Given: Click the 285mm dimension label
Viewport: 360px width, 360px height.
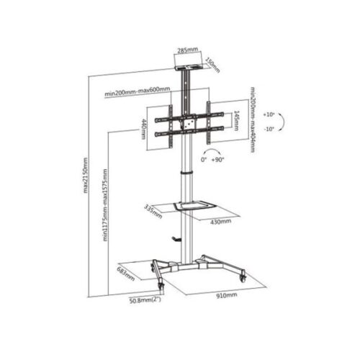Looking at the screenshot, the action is tap(188, 50).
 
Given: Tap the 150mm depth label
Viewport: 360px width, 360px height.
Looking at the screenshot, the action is tap(212, 65).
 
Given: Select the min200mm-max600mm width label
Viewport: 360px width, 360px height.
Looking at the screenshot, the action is tap(138, 91).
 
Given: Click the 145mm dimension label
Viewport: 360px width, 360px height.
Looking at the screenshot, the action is tap(236, 120).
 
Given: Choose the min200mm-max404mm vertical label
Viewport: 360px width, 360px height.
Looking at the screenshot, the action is tap(252, 120).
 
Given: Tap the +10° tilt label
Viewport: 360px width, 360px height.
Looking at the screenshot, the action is tap(269, 114).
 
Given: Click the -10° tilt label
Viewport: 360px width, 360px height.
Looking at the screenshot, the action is tap(269, 129).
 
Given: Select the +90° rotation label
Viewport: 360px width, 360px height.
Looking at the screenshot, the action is tap(217, 160).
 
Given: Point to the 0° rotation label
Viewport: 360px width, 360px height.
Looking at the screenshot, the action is tap(204, 160).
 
